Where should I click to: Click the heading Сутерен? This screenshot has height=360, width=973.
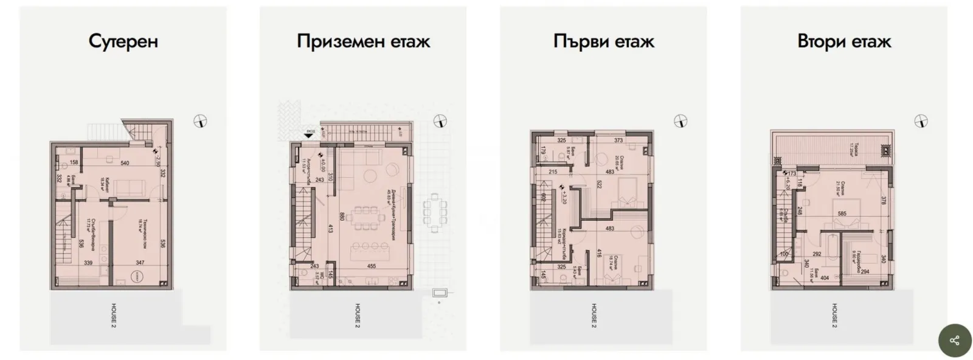123,41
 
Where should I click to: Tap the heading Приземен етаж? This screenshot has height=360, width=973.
363,41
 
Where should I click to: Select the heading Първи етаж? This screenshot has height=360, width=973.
603,41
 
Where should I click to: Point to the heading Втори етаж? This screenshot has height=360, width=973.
843,41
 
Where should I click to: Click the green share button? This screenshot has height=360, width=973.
954,340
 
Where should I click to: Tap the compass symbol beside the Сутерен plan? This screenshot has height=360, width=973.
200,122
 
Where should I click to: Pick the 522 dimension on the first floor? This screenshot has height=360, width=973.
583,184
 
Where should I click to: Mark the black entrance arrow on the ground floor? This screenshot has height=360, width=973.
310,137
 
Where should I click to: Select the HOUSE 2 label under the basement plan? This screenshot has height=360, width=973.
113,316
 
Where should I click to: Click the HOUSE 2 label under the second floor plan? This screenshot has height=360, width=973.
834,316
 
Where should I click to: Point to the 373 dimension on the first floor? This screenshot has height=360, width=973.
618,140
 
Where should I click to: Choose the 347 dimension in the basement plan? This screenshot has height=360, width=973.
140,263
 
